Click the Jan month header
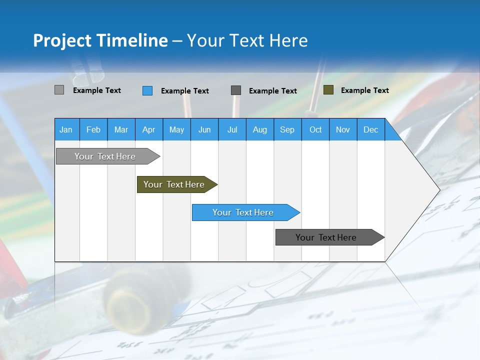pyautogui.click(x=66, y=129)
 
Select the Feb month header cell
pyautogui.click(x=93, y=129)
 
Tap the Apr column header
pyautogui.click(x=148, y=129)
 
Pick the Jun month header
pyautogui.click(x=204, y=129)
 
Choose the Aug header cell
pyautogui.click(x=259, y=129)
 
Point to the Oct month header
pyautogui.click(x=315, y=129)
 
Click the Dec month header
pyautogui.click(x=370, y=129)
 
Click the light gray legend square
pyautogui.click(x=59, y=90)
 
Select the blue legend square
pyautogui.click(x=147, y=90)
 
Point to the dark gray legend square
pyautogui.click(x=236, y=90)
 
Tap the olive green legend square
pyautogui.click(x=328, y=90)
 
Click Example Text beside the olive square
pyautogui.click(x=364, y=90)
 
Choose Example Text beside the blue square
pyautogui.click(x=184, y=91)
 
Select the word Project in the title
pyautogui.click(x=62, y=40)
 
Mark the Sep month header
pyautogui.click(x=287, y=129)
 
